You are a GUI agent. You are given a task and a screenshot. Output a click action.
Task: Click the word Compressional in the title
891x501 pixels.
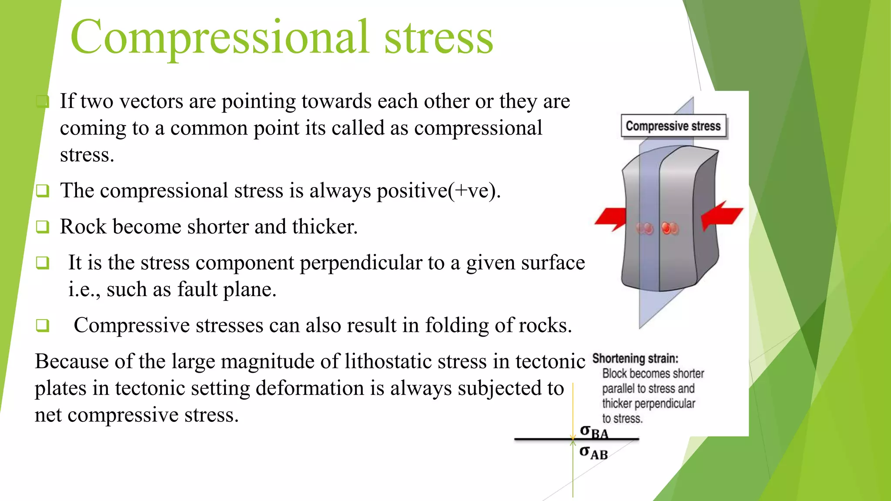(220, 38)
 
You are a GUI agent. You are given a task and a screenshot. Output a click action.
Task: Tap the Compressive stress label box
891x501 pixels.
(673, 126)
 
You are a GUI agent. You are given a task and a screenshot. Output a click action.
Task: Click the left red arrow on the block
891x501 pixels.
(611, 217)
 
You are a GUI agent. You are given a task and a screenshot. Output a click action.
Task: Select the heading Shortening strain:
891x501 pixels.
(635, 358)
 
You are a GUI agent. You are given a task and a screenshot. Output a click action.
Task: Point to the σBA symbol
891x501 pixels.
(594, 432)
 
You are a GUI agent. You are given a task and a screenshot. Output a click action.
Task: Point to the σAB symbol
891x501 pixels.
(593, 453)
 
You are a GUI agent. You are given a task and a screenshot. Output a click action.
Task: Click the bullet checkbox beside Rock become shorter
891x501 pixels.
(42, 227)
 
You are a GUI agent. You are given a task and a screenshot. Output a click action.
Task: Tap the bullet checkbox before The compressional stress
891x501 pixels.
(42, 190)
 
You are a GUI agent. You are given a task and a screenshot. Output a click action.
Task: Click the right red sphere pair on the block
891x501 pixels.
(670, 228)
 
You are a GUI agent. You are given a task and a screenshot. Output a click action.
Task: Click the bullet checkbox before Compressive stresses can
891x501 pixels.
(42, 325)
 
